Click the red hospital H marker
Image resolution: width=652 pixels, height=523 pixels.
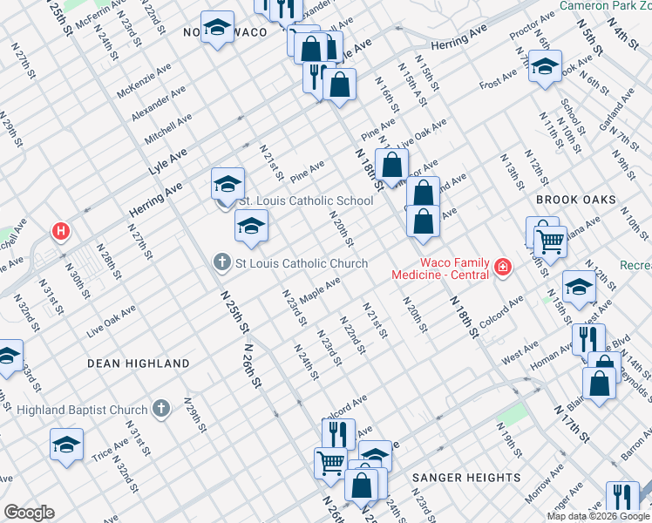(60, 232)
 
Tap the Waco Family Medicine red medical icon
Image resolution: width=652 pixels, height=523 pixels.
(502, 266)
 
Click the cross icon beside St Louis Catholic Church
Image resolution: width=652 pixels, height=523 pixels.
(222, 261)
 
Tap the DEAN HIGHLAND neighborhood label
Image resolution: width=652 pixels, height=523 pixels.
(139, 363)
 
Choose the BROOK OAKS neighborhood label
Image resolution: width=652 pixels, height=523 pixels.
(575, 200)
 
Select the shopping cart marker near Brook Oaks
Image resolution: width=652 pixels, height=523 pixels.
(550, 240)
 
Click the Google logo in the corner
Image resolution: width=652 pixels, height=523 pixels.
(29, 513)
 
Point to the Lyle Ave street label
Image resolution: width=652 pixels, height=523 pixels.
(167, 161)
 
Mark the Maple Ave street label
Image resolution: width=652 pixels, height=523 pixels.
(319, 287)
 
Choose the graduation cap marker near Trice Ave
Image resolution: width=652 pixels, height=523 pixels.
(67, 445)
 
